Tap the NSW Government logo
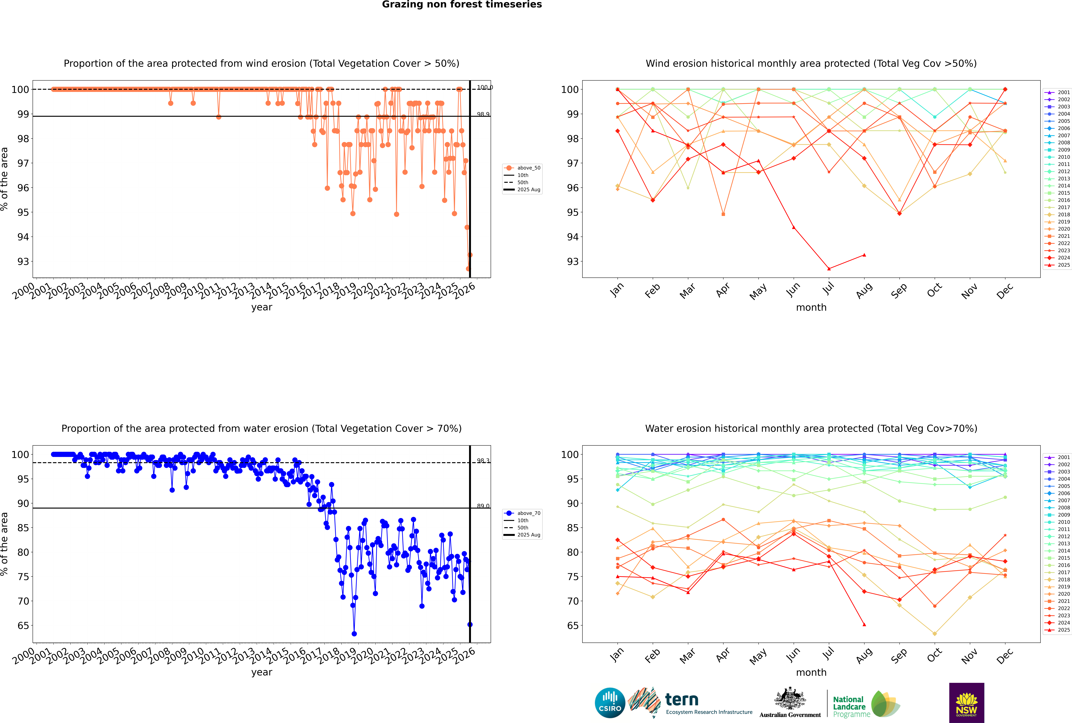(x=966, y=702)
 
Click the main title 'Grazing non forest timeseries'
(x=462, y=5)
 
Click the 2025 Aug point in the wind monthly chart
(x=864, y=255)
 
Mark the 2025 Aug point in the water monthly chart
(x=864, y=625)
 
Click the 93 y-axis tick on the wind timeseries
(x=23, y=261)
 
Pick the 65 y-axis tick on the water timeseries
(x=23, y=626)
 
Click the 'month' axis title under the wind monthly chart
(x=811, y=308)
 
